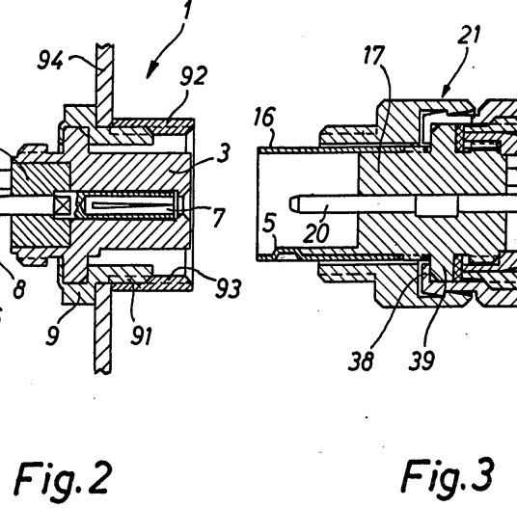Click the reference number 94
[50, 61]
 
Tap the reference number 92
[194, 75]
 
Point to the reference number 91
[142, 335]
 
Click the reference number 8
[19, 289]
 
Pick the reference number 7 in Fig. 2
[219, 218]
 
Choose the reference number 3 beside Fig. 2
[223, 152]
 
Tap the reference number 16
[264, 117]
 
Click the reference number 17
[374, 55]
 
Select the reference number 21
[469, 35]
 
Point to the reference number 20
[315, 233]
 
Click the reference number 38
[361, 361]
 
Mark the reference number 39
[422, 360]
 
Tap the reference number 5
[269, 223]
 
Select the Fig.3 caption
[448, 476]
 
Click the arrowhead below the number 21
[445, 93]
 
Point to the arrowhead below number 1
[151, 70]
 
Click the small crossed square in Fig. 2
[64, 205]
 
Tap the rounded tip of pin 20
[292, 203]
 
